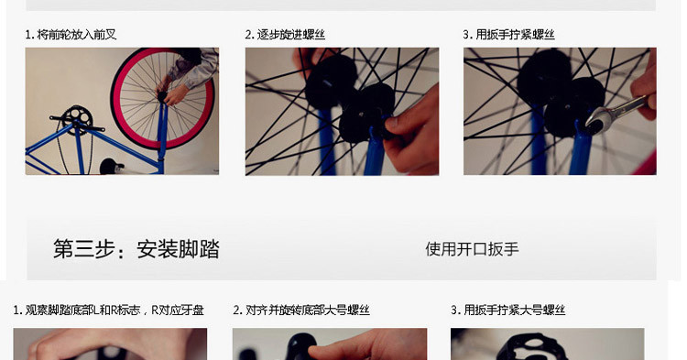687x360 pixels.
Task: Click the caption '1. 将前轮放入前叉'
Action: [x=71, y=35]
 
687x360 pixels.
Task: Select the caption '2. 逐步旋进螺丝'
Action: [x=285, y=35]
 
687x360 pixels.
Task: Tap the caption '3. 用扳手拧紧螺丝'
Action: [x=508, y=35]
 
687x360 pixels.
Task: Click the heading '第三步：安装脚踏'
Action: [x=136, y=249]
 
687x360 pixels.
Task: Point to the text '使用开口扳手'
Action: [x=472, y=249]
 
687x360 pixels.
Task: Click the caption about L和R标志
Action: [x=108, y=311]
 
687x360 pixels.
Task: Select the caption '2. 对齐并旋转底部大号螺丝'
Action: [x=301, y=311]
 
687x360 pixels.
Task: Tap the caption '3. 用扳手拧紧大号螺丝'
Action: [x=508, y=311]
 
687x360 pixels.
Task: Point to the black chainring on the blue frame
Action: [x=78, y=119]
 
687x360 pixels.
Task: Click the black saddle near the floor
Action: [x=111, y=167]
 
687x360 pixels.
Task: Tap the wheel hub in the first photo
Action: [x=162, y=96]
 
